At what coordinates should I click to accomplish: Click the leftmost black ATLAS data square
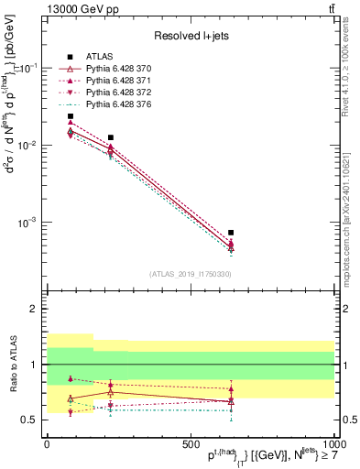pos(70,116)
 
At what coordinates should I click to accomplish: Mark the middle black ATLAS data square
pos(111,137)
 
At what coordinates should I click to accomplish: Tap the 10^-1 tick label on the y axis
pos(27,69)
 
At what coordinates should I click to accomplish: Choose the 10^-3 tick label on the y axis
pos(27,223)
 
